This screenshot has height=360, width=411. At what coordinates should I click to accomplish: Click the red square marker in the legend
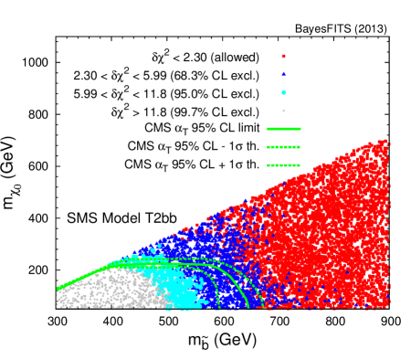click(283, 56)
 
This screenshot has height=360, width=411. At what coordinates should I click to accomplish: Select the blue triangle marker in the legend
click(283, 74)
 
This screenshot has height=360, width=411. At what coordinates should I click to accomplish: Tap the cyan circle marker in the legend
click(283, 92)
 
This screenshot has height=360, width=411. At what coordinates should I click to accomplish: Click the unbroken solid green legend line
click(283, 129)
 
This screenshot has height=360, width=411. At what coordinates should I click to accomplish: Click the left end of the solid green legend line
click(267, 129)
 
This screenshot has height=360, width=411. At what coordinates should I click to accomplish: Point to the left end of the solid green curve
click(57, 289)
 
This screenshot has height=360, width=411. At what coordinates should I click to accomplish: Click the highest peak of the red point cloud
click(385, 141)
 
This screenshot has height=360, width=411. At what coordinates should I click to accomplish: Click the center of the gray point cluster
click(110, 291)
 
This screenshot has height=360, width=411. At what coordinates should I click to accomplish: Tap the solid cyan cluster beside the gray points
click(183, 291)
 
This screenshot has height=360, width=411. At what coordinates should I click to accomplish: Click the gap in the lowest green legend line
click(279, 165)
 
